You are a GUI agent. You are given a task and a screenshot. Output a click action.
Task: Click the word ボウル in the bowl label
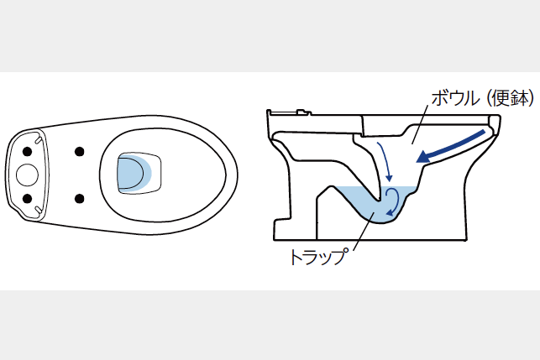pos(455,98)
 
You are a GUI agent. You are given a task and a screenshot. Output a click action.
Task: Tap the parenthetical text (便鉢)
pos(511,98)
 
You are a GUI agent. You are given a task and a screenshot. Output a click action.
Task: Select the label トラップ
pos(317,257)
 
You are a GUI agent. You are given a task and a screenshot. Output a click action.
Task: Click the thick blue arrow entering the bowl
pos(451,146)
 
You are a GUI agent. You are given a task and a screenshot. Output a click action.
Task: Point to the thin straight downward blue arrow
pos(384,161)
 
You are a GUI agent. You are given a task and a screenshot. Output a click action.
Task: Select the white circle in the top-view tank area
pos(27,175)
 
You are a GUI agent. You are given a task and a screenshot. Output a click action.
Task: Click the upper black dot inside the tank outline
pos(27,151)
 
